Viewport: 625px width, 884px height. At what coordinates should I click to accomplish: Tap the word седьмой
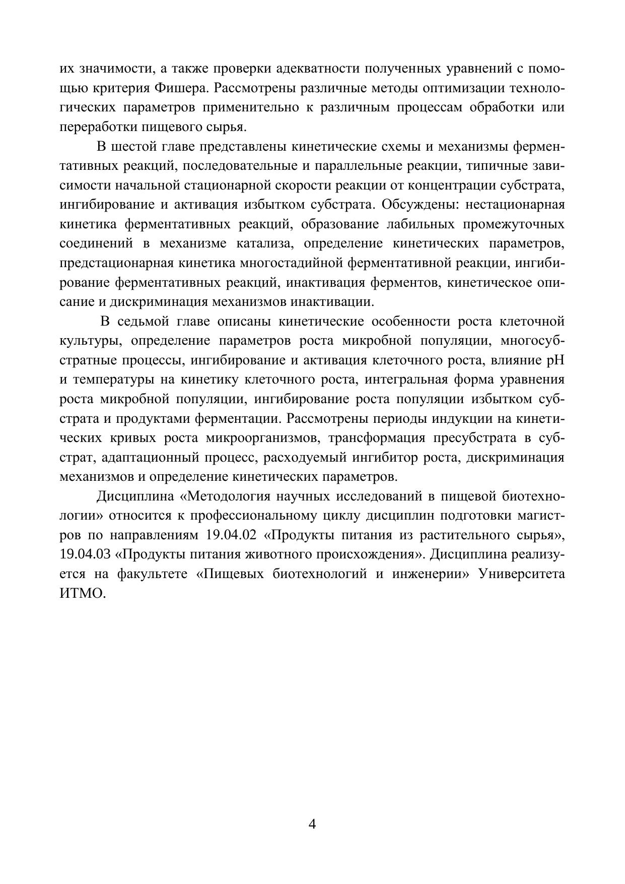[146, 322]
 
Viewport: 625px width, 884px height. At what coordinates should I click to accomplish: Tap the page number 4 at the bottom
[312, 824]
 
